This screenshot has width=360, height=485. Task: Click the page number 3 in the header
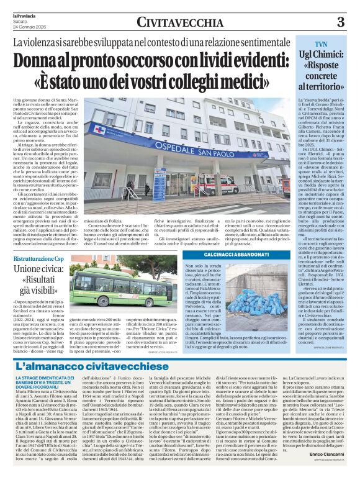point(340,22)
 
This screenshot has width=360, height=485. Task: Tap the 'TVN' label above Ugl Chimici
point(320,45)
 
